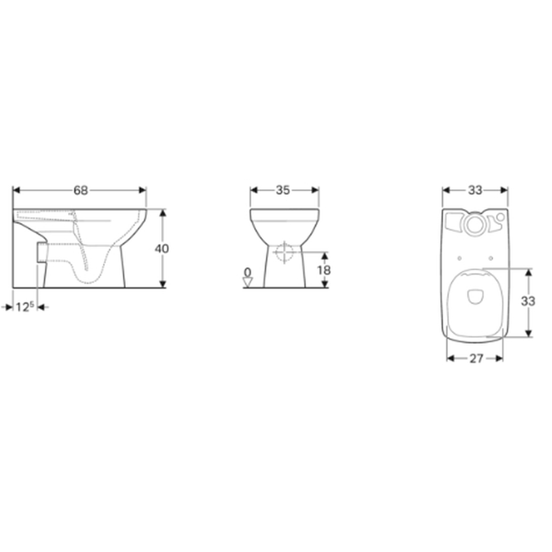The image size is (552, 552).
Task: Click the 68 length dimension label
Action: pos(81,191)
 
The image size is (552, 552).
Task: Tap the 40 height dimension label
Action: pos(162,249)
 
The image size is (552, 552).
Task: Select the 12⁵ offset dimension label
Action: pos(25,307)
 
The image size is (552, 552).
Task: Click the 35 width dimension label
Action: pos(283,191)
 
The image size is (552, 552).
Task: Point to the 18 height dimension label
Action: pos(324,270)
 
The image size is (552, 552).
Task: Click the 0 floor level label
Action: pos(248,272)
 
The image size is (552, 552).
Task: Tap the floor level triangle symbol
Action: pos(248,282)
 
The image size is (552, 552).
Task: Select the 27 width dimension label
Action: pos(476,358)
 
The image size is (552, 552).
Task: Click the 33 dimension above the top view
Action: pos(475,191)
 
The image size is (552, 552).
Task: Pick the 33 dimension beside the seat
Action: pos(528,302)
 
